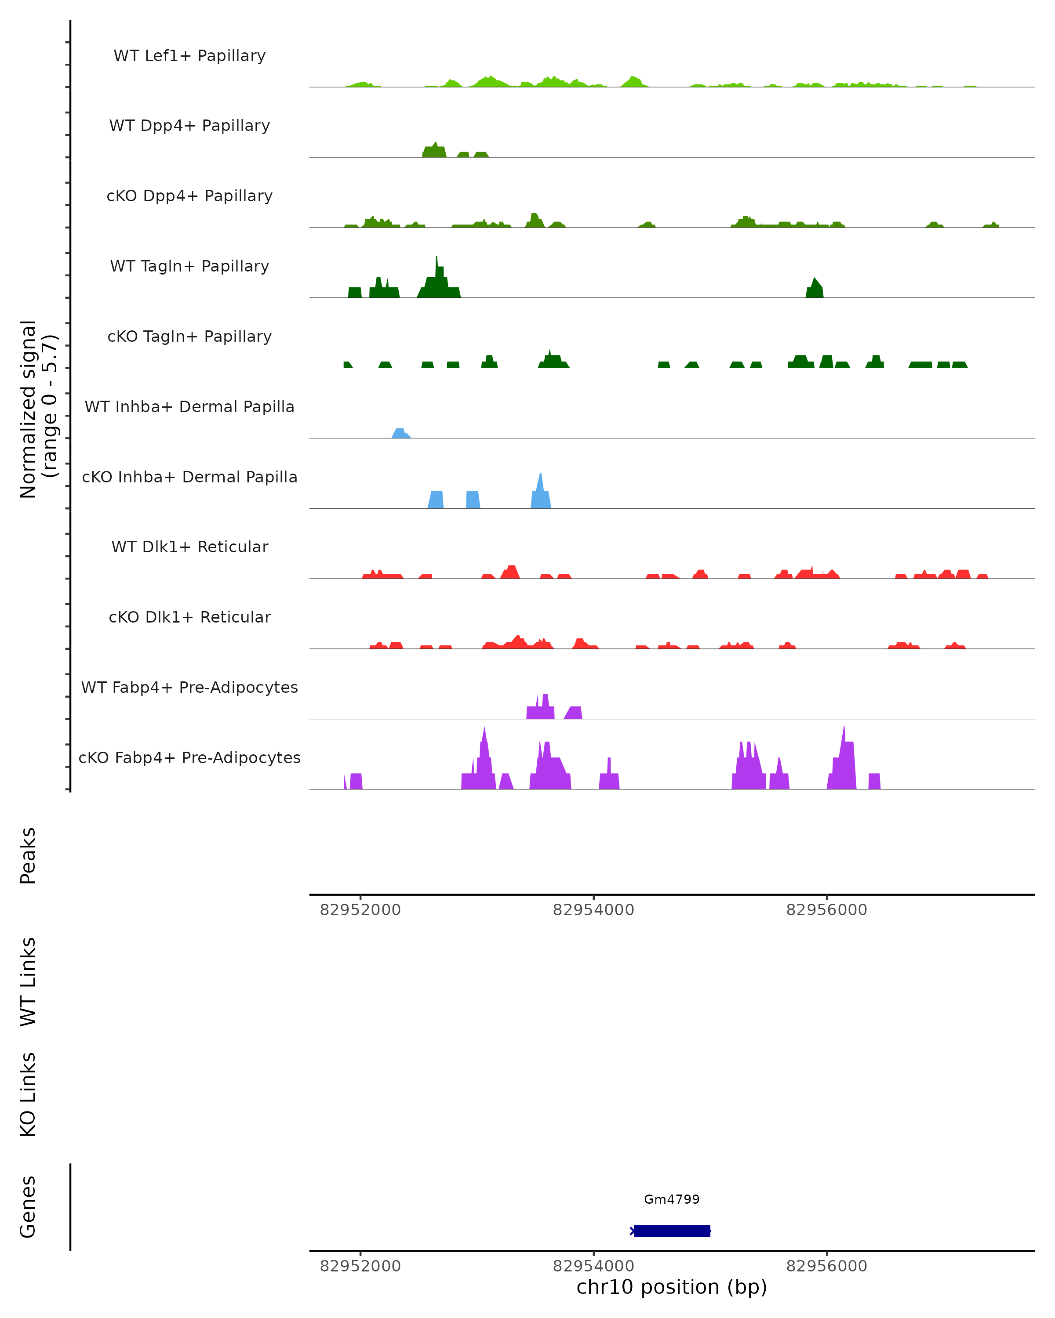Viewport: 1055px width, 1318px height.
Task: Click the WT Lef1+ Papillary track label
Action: coord(189,56)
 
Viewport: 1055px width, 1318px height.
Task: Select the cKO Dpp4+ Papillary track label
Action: coord(189,196)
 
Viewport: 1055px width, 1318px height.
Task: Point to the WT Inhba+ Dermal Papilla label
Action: coord(189,406)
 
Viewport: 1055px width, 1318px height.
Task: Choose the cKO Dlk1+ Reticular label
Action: coord(189,617)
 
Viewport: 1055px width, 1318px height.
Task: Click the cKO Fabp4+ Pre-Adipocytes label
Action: coord(189,757)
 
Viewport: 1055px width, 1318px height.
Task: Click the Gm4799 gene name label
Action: coord(672,1199)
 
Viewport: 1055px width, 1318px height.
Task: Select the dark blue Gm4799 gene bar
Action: coord(672,1231)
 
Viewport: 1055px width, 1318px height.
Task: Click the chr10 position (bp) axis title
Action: coord(672,1287)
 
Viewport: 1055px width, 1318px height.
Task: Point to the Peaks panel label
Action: coord(28,855)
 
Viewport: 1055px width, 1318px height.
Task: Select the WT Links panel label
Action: coord(28,981)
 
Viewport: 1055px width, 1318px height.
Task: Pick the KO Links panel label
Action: coord(28,1094)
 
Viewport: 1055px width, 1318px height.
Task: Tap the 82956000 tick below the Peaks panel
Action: coord(826,910)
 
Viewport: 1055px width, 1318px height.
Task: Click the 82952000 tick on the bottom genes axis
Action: coord(360,1266)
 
